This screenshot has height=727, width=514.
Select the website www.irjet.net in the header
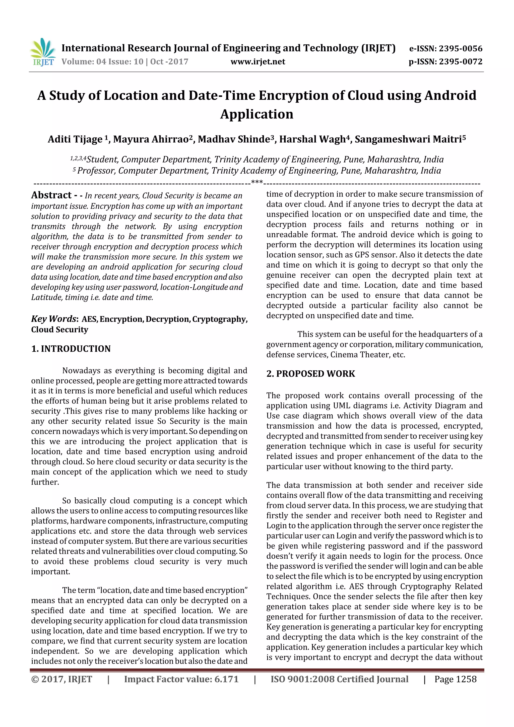(x=258, y=62)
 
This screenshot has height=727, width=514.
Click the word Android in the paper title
(x=450, y=95)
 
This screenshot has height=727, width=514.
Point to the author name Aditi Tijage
(x=75, y=139)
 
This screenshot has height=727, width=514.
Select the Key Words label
(x=54, y=319)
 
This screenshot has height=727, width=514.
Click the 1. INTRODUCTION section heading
(x=71, y=349)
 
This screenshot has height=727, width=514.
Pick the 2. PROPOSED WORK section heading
(x=311, y=374)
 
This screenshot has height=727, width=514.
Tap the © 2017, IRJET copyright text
(x=62, y=679)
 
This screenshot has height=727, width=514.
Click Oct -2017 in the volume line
(x=169, y=62)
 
